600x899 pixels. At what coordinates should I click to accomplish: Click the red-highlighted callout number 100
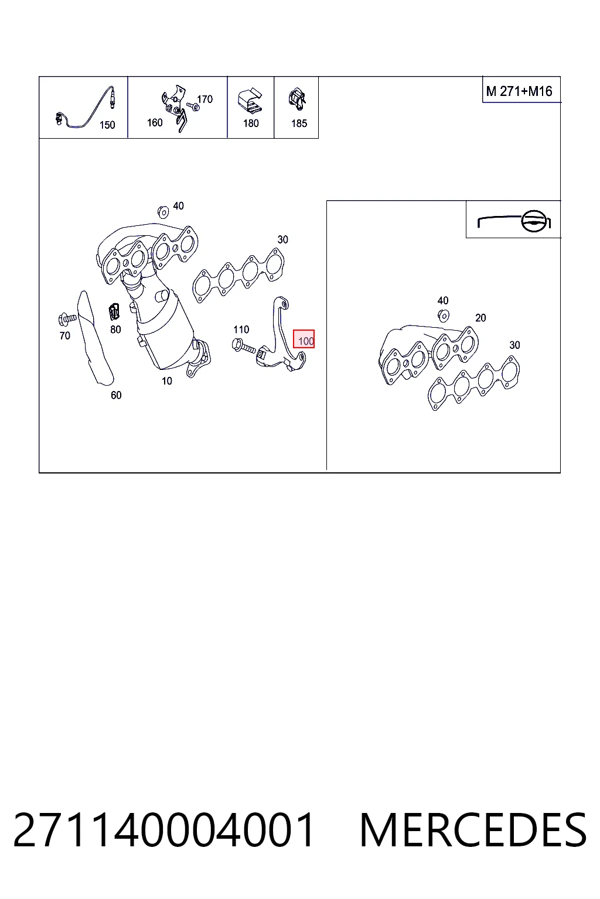tap(304, 339)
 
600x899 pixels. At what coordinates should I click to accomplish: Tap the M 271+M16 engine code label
tap(519, 91)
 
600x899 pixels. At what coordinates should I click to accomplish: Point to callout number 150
tap(107, 125)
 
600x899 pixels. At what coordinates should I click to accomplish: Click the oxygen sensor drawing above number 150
tap(86, 108)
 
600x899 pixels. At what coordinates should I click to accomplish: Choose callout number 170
tap(204, 99)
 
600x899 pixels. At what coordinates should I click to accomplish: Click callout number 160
tap(155, 122)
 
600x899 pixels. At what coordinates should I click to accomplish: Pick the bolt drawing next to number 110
tap(244, 346)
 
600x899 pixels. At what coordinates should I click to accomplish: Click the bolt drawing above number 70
tap(67, 319)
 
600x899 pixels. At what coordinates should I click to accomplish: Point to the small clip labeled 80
tap(114, 311)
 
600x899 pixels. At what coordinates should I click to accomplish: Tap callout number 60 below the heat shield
tap(116, 395)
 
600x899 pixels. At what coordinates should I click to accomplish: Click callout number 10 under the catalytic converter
tap(167, 380)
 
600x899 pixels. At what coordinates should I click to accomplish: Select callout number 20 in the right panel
tap(480, 318)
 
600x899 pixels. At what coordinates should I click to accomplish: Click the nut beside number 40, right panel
tap(444, 316)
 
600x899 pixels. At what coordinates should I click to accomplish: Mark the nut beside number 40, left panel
tap(163, 211)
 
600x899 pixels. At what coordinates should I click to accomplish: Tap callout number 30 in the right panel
tap(514, 345)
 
